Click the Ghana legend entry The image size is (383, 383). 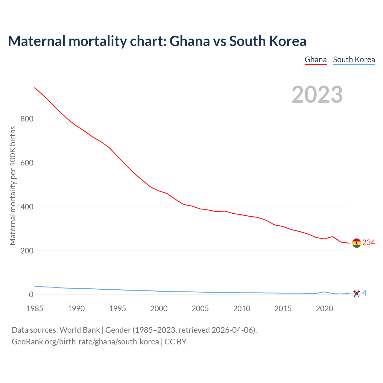315,60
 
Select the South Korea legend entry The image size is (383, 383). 354,60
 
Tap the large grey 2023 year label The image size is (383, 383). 317,95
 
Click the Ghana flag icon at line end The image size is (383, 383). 356,243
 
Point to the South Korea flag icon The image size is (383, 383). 356,294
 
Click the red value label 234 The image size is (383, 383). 369,243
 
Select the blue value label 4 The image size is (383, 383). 364,293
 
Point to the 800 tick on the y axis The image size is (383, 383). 27,119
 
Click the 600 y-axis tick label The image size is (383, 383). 27,163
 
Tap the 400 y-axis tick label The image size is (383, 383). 27,207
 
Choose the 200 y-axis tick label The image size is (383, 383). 27,251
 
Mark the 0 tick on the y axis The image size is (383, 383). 31,295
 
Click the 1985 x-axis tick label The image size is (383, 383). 35,308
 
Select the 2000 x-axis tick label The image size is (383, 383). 159,308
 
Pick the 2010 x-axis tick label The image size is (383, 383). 241,308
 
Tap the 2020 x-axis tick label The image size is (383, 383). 324,308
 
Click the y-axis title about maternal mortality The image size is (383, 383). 13,186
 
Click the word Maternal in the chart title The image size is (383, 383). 37,41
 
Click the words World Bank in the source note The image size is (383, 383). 80,330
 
